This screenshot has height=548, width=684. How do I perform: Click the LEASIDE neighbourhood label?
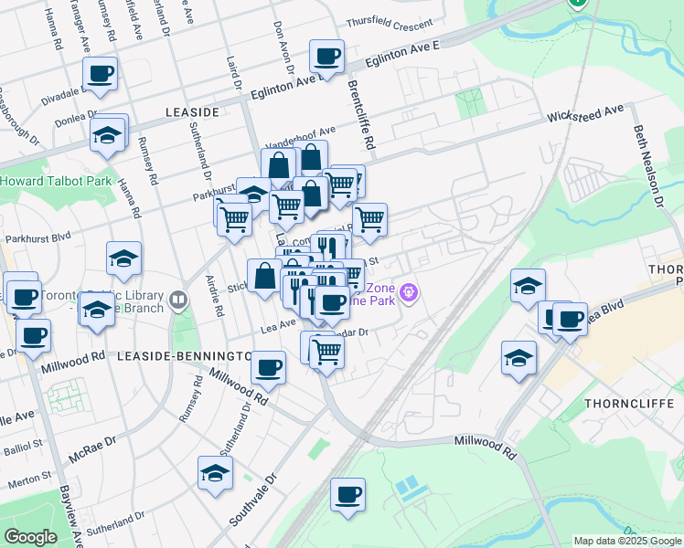pyautogui.click(x=192, y=111)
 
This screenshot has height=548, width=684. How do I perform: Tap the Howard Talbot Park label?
pyautogui.click(x=56, y=181)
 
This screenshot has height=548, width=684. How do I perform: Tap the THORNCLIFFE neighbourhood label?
pyautogui.click(x=632, y=403)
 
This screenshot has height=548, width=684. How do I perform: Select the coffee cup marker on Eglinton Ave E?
pyautogui.click(x=326, y=57)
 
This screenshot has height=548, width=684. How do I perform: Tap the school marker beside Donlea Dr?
pyautogui.click(x=108, y=135)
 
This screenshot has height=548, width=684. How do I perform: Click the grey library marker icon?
pyautogui.click(x=178, y=298)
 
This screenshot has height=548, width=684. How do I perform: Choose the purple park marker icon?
pyautogui.click(x=409, y=293)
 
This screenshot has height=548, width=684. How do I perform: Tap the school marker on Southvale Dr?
pyautogui.click(x=215, y=473)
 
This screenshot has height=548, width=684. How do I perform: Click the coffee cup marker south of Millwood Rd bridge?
pyautogui.click(x=347, y=495)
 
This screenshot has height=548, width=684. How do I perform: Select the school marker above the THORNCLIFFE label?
pyautogui.click(x=519, y=358)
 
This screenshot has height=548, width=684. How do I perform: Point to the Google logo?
pyautogui.click(x=30, y=537)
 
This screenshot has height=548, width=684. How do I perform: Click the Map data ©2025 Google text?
pyautogui.click(x=627, y=541)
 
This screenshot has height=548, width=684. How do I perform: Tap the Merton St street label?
pyautogui.click(x=32, y=479)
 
